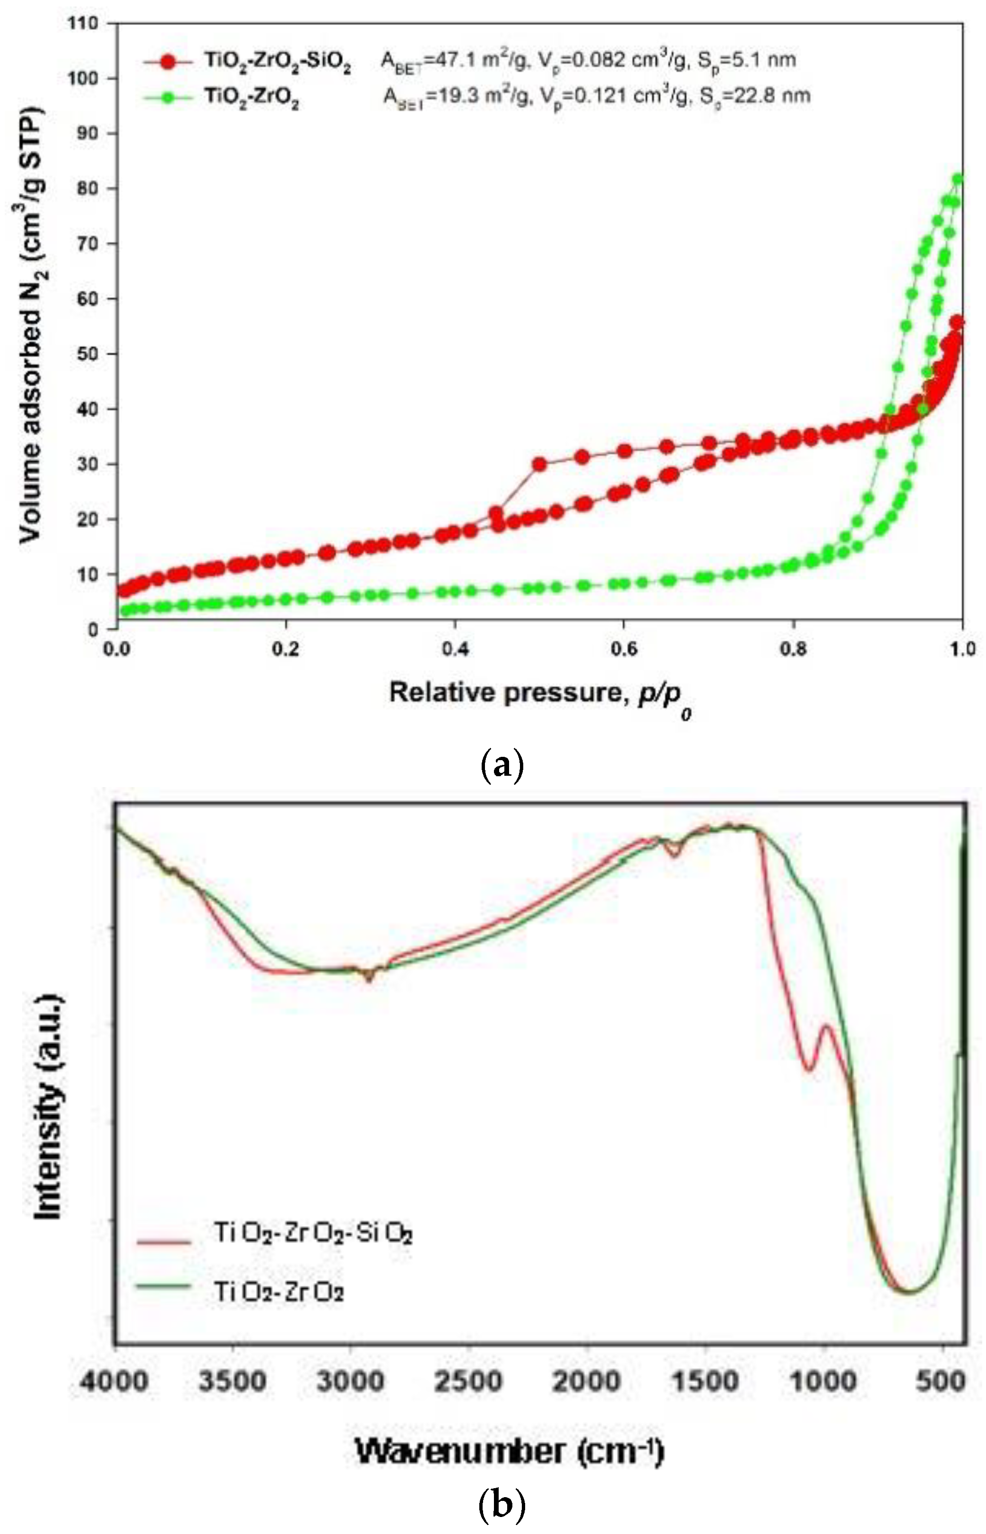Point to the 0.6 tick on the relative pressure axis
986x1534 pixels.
(x=623, y=650)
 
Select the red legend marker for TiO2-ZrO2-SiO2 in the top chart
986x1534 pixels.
(x=168, y=61)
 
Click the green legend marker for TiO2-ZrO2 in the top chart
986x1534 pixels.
(x=168, y=98)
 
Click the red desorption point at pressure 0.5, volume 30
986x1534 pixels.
(x=540, y=464)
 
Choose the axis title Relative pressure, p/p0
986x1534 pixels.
(x=540, y=694)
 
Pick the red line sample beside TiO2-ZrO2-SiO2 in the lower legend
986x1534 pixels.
(x=164, y=1242)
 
